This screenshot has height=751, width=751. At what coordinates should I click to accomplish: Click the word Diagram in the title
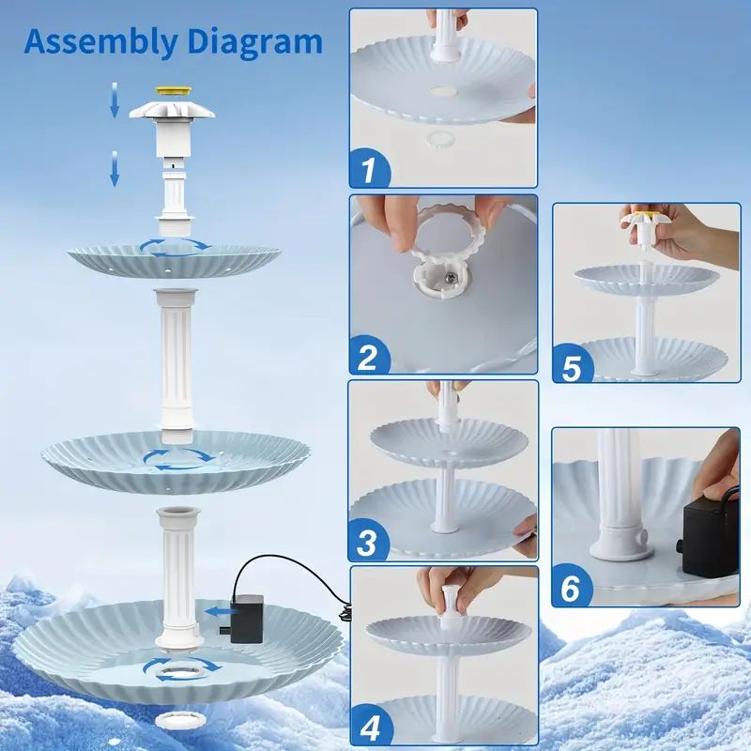(x=255, y=41)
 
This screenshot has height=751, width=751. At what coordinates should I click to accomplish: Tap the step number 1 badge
(x=369, y=169)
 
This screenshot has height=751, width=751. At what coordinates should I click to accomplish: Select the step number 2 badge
(x=369, y=356)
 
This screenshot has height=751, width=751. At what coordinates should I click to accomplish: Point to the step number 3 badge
(x=368, y=543)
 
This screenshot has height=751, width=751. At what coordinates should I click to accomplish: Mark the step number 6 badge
(x=571, y=589)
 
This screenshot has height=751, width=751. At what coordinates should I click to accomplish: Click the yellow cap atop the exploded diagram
(x=173, y=90)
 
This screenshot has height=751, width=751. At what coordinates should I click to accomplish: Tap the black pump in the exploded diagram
(x=246, y=618)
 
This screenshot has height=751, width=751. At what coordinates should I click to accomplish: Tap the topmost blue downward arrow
(x=115, y=100)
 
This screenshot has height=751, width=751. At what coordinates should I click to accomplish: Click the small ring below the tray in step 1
(x=437, y=139)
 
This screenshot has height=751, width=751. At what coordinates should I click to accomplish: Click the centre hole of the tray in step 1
(x=443, y=90)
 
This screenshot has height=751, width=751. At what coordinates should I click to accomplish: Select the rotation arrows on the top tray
(x=176, y=247)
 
